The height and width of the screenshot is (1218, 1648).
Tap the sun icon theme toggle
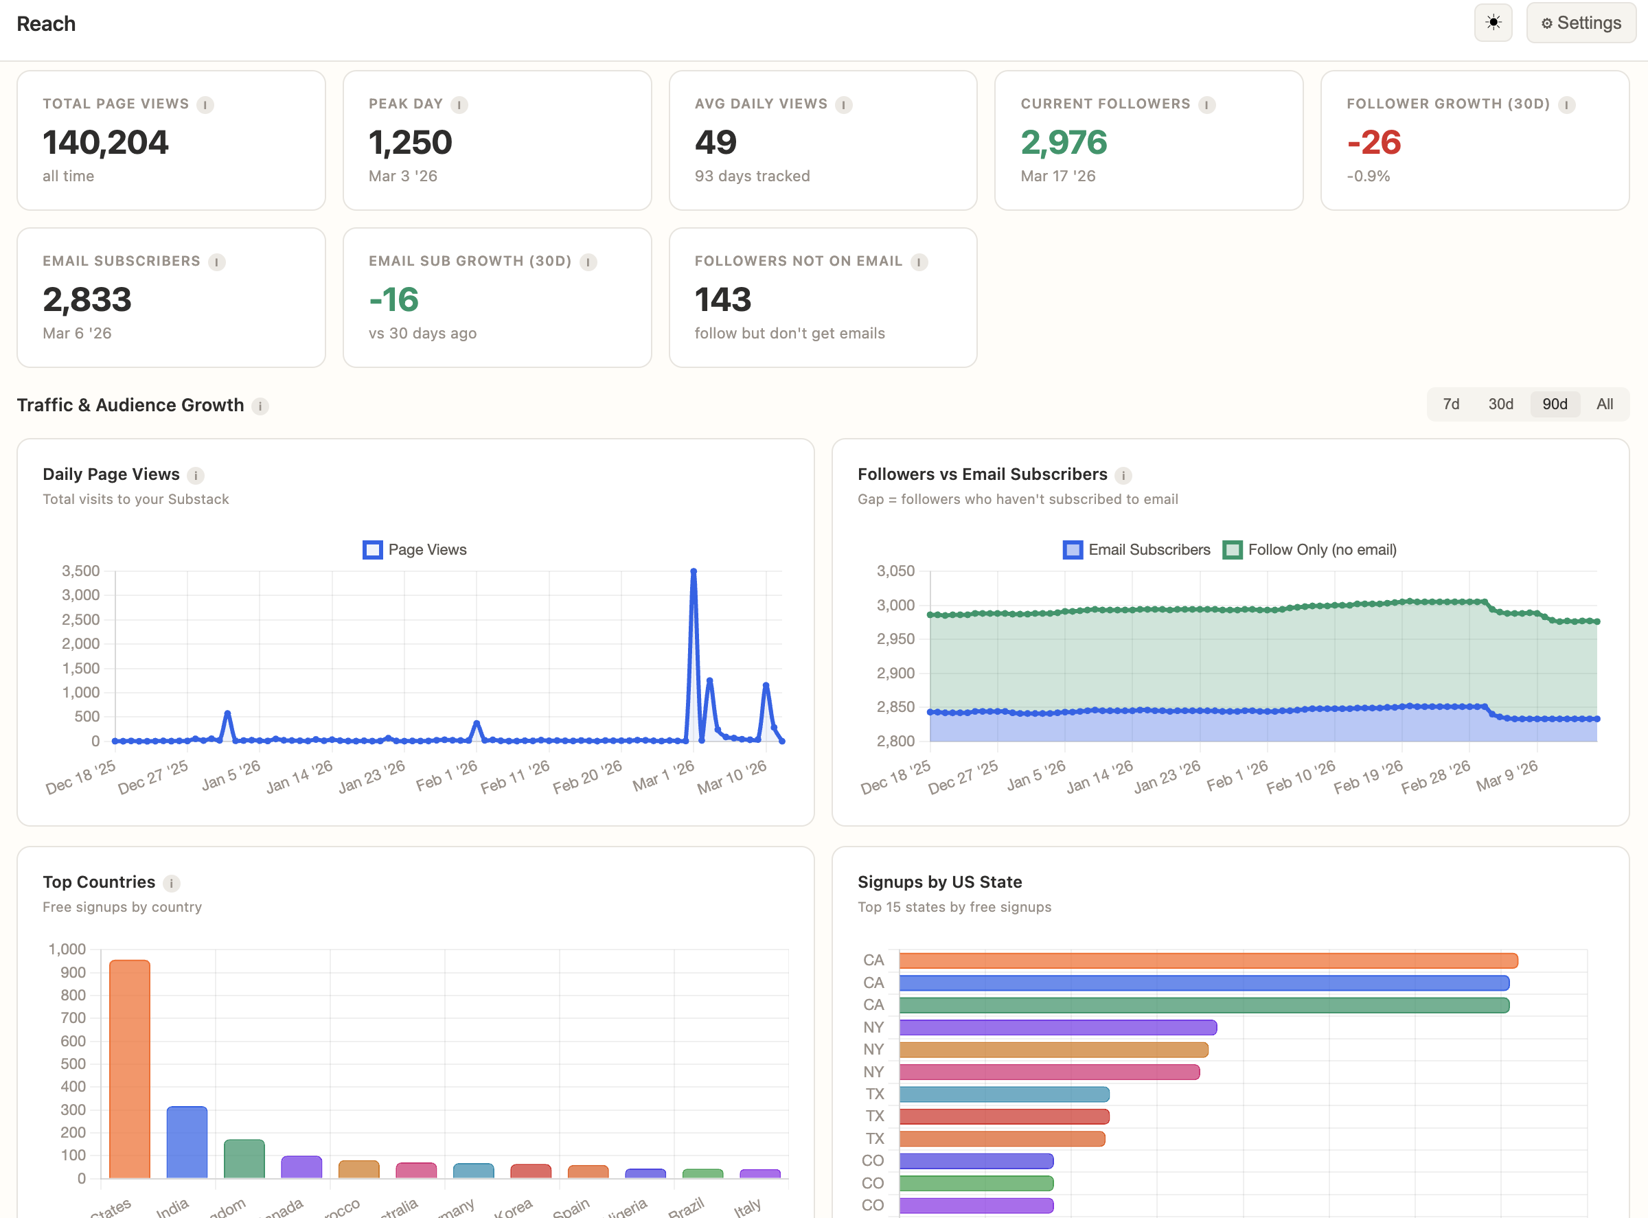click(1492, 23)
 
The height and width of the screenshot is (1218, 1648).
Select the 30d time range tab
click(1500, 404)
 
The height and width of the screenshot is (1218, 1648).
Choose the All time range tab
click(1604, 404)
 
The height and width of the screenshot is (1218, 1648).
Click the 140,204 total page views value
click(106, 142)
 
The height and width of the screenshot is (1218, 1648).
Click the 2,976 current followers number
click(1063, 142)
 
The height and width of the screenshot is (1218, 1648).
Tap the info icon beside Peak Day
click(459, 104)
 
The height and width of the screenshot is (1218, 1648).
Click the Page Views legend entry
click(415, 550)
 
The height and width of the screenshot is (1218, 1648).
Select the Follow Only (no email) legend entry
click(1309, 550)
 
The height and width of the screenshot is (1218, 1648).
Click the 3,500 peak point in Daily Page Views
click(693, 571)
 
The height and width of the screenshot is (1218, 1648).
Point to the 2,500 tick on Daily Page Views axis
click(80, 619)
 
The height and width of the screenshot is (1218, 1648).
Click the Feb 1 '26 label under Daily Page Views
click(447, 776)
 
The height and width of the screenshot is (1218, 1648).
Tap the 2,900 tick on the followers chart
click(895, 673)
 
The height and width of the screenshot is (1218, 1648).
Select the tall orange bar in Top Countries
click(130, 1069)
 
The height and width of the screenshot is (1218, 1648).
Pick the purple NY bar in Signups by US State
click(1057, 1027)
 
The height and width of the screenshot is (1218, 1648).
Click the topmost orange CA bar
click(1208, 961)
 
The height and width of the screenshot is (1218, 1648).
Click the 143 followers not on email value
click(722, 300)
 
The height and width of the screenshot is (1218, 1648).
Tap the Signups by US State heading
click(939, 882)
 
